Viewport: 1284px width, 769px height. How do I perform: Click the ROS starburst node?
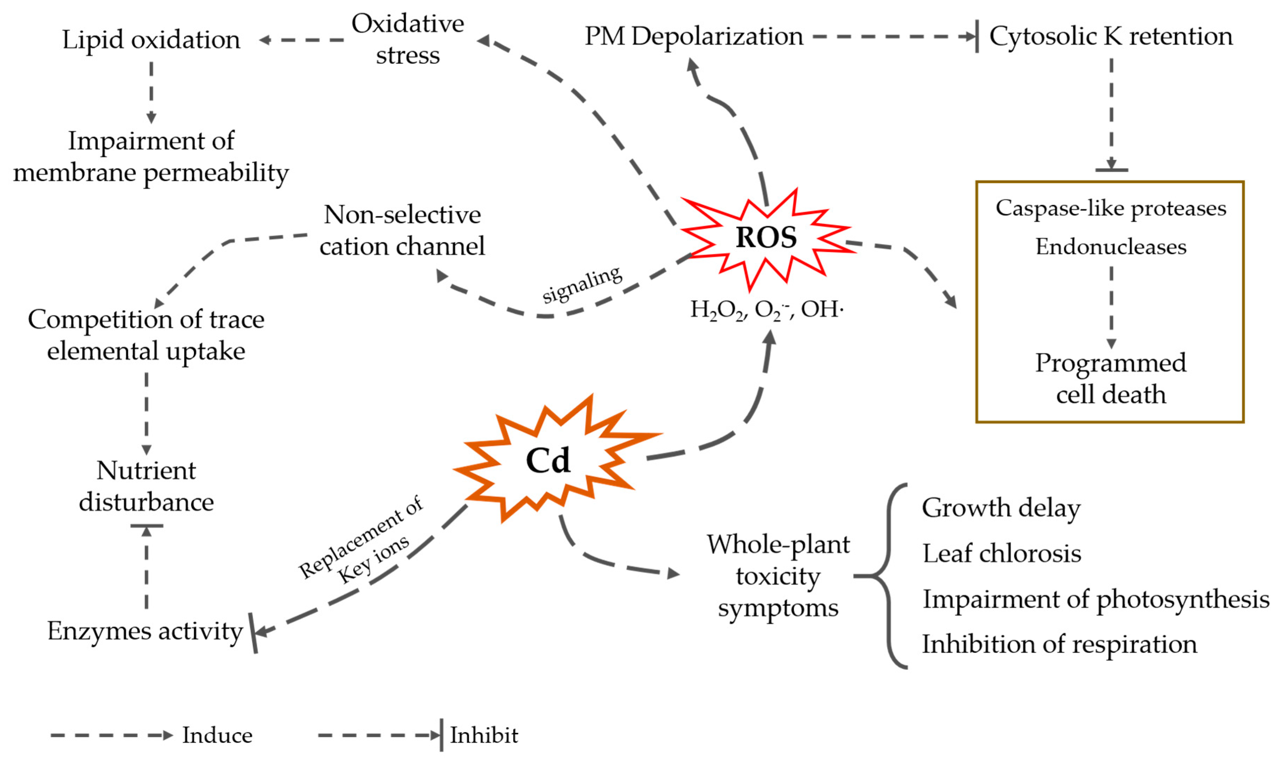click(766, 238)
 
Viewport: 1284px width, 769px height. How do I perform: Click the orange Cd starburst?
click(548, 460)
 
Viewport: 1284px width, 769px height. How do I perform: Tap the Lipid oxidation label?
click(151, 40)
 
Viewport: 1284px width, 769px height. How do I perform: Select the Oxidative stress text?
click(408, 39)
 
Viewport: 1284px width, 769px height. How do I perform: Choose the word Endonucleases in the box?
click(1110, 247)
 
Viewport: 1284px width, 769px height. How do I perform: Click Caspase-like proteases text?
click(1110, 208)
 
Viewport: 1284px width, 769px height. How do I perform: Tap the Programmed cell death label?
click(1110, 378)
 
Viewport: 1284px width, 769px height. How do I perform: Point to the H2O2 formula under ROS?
click(717, 310)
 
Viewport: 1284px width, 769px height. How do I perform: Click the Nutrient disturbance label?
click(146, 486)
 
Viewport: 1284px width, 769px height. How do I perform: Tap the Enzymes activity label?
click(145, 631)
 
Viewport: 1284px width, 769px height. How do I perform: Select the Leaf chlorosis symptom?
click(1001, 553)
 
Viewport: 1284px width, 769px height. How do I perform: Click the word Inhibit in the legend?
click(483, 735)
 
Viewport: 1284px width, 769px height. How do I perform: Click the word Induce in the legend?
click(217, 735)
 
